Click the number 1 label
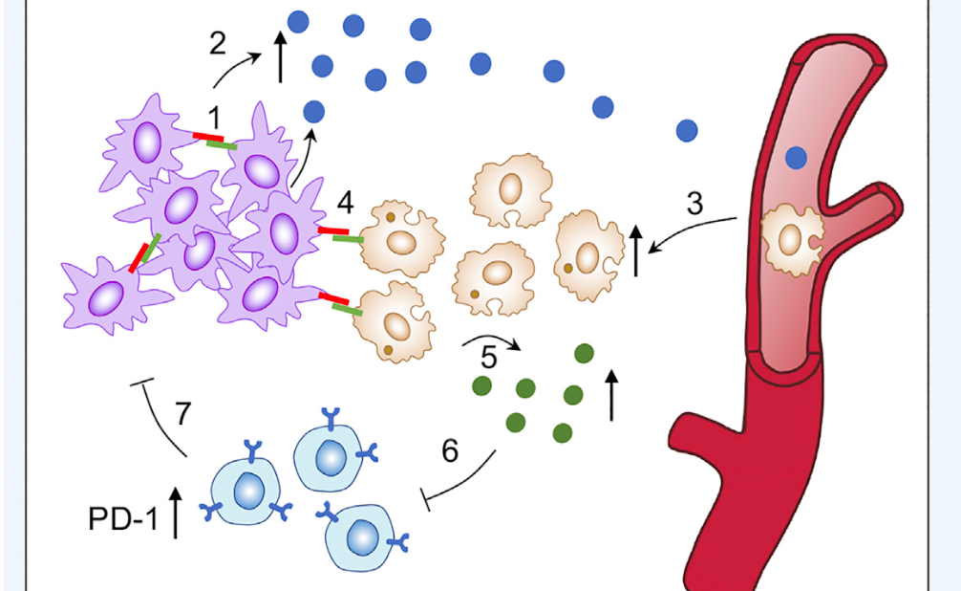[213, 118]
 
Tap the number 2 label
[218, 44]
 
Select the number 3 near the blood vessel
[694, 204]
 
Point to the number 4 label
[345, 203]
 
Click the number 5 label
[488, 358]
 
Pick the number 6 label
[450, 451]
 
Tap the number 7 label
[183, 414]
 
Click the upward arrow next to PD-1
[176, 513]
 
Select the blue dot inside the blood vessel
[796, 157]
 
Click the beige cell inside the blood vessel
[792, 239]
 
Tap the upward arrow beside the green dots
[611, 396]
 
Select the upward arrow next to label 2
[281, 56]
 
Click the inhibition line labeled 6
[460, 482]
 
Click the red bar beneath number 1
[207, 137]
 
